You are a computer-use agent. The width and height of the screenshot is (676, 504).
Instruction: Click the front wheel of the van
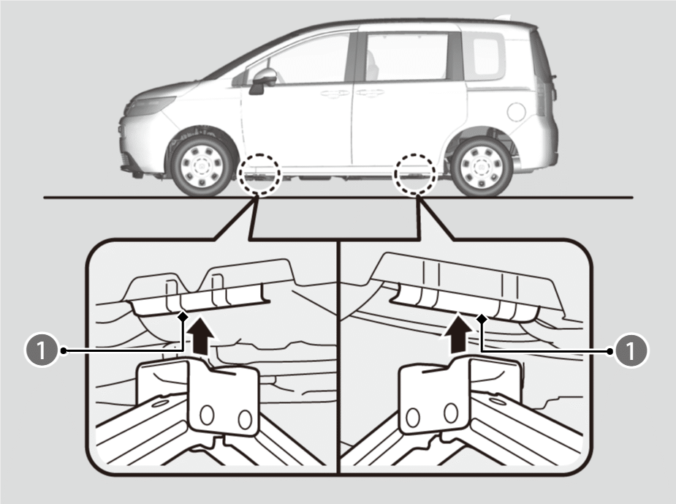(x=202, y=166)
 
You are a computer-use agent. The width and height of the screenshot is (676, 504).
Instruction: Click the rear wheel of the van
(x=482, y=166)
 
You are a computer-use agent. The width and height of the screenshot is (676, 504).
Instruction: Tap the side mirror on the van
(x=263, y=80)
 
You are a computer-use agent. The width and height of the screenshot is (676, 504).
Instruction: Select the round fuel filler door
(x=517, y=112)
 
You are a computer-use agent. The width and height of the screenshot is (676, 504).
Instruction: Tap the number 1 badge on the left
(x=42, y=350)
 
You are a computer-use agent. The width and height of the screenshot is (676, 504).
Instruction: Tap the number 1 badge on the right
(x=631, y=350)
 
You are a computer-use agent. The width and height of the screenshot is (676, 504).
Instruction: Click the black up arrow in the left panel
(x=201, y=336)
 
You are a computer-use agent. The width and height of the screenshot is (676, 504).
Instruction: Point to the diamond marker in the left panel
(x=183, y=316)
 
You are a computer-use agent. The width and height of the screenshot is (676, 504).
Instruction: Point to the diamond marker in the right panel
(x=482, y=319)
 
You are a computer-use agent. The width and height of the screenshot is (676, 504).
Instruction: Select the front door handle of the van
(x=335, y=93)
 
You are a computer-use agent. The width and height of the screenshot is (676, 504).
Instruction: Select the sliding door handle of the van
(x=371, y=92)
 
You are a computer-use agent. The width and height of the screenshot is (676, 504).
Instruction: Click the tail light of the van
(x=541, y=95)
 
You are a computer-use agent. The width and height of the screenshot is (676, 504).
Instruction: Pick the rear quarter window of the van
(x=487, y=57)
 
